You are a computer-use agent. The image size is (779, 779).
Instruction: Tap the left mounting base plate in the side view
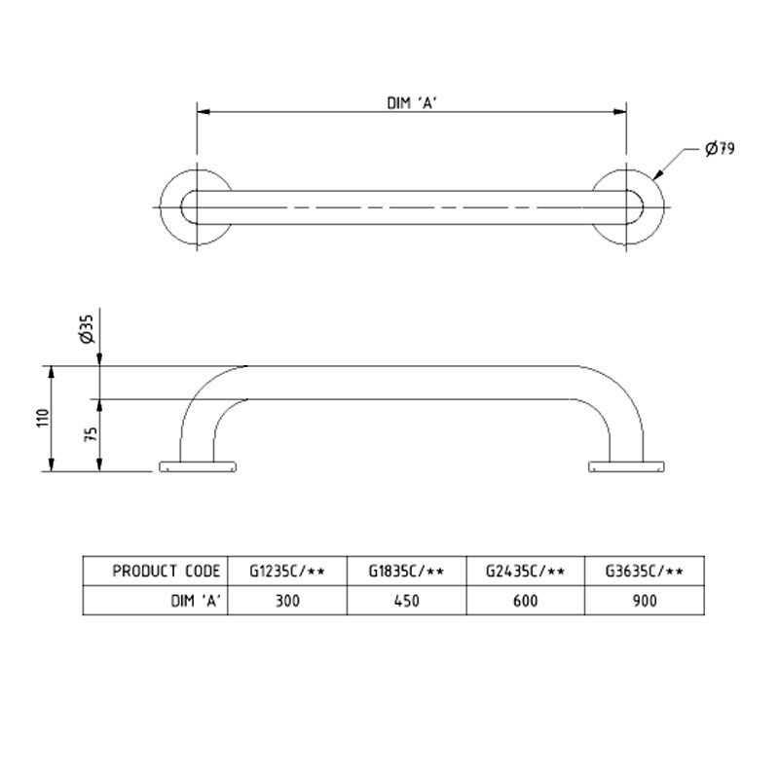[x=198, y=466]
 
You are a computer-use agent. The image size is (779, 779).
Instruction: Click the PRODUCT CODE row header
[x=166, y=572]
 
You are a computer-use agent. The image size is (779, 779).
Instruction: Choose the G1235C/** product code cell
[x=287, y=572]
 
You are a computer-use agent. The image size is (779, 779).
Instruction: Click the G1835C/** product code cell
[x=406, y=572]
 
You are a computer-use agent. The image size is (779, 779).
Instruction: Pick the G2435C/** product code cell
[x=526, y=572]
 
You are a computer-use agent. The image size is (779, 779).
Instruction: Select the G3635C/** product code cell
[x=644, y=572]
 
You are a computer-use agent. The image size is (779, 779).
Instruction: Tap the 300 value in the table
[x=287, y=601]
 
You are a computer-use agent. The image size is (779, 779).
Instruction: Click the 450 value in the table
[x=406, y=601]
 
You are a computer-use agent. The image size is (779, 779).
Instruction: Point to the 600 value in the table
[x=526, y=601]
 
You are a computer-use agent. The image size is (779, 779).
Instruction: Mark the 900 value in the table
[x=644, y=601]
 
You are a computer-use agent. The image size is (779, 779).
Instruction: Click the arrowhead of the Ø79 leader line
[x=658, y=176]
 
